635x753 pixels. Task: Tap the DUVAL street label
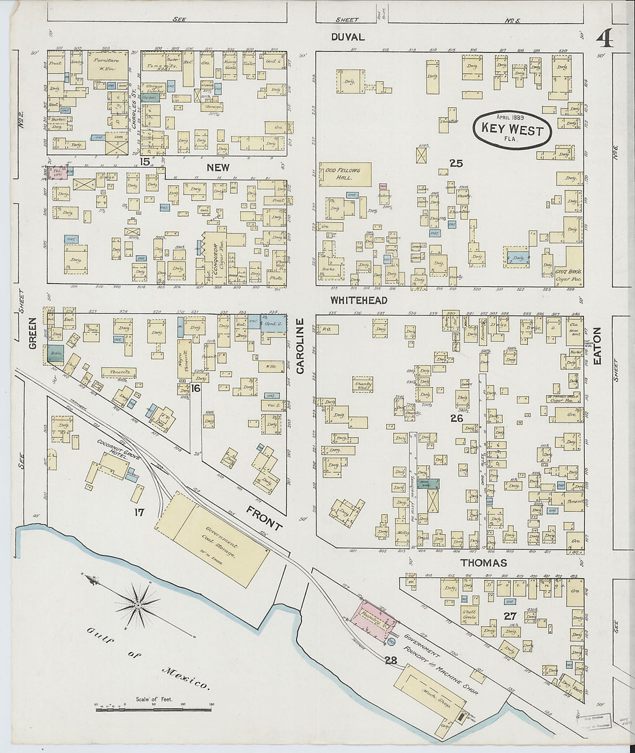click(x=348, y=37)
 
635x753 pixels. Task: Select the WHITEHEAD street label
click(x=358, y=301)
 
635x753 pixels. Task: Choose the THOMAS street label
click(x=484, y=563)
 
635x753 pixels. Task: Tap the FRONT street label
click(x=264, y=518)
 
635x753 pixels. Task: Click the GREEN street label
click(x=33, y=334)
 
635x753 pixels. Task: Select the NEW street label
click(x=219, y=167)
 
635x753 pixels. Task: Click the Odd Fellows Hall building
click(x=345, y=174)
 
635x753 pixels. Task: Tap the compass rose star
click(x=139, y=604)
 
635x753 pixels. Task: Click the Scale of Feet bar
click(x=154, y=707)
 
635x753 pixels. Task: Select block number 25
click(x=456, y=164)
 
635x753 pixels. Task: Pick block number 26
click(x=456, y=418)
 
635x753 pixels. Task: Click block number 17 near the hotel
click(x=139, y=511)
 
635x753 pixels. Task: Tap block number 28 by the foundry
click(x=391, y=661)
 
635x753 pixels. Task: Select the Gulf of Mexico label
click(x=147, y=658)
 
